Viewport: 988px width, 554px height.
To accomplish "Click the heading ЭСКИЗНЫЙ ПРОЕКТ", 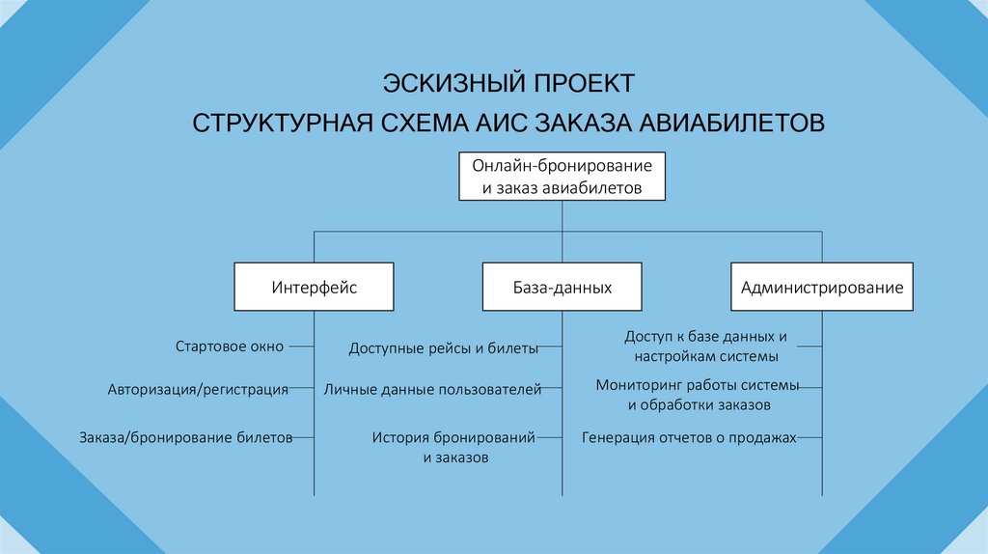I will (508, 80).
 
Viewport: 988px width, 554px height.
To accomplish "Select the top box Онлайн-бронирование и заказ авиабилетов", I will (563, 176).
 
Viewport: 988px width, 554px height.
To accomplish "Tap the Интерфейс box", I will (314, 287).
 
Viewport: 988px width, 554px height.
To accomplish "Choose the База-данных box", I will (563, 287).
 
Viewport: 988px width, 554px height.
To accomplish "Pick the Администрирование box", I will (822, 287).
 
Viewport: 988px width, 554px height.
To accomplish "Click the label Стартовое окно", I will (230, 346).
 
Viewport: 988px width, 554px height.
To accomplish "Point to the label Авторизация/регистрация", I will (198, 391).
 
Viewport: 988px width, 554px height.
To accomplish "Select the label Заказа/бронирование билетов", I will (185, 437).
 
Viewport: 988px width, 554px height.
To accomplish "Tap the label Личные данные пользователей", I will (432, 391).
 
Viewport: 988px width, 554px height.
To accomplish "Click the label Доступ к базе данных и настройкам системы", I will (706, 346).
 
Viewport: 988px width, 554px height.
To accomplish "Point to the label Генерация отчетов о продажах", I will (689, 437).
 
